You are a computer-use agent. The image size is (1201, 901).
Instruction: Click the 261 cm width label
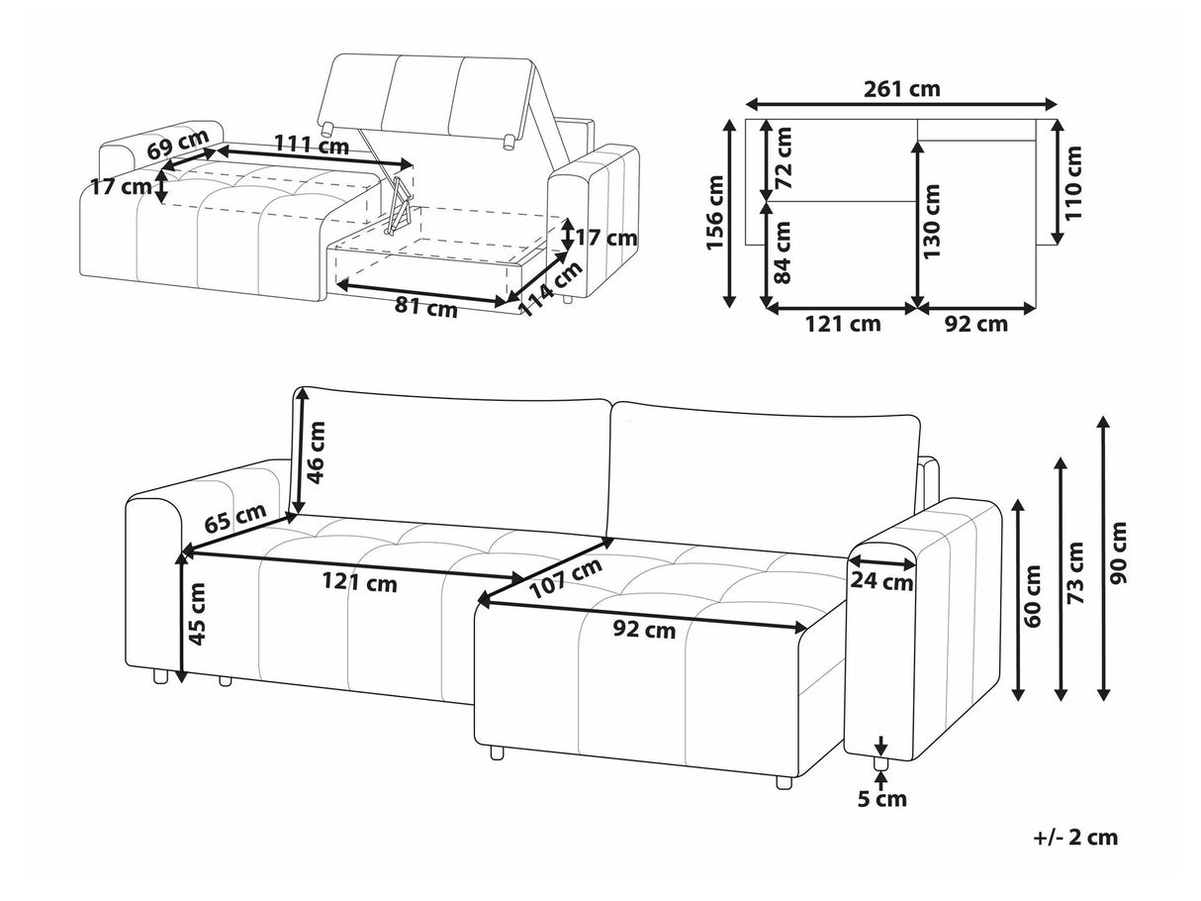point(901,89)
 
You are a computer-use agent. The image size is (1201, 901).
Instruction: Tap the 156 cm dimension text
point(715,213)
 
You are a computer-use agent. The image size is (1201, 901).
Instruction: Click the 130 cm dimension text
point(931,221)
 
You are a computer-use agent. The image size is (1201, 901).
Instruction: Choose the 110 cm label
point(1074,183)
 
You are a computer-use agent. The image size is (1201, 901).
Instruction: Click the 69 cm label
point(178,144)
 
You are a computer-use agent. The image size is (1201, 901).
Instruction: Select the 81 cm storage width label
point(425,307)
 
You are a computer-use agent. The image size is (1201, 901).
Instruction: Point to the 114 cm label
point(549,288)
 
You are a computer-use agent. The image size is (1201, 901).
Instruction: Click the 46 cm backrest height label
point(317,452)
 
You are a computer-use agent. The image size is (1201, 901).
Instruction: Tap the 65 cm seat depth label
point(235,517)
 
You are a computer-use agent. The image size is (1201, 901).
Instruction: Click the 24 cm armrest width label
point(880,582)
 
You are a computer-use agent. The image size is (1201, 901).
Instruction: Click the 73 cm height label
point(1075,572)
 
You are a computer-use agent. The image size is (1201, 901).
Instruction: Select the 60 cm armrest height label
point(1033,596)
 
